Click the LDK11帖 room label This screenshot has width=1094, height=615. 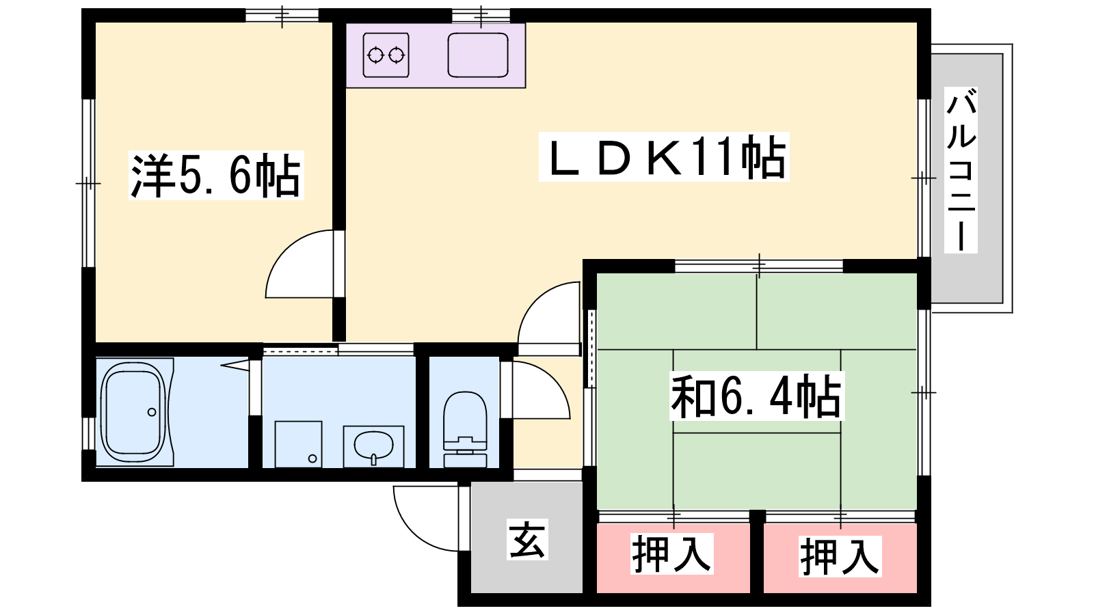(x=664, y=156)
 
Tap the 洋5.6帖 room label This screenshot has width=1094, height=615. (x=216, y=175)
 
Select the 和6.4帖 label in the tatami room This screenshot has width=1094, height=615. (x=756, y=396)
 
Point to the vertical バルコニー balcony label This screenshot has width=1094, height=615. (x=961, y=170)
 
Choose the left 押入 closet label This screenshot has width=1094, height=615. (x=672, y=553)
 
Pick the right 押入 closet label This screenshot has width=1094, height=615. (x=840, y=556)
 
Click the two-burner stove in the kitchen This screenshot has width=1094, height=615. (x=386, y=55)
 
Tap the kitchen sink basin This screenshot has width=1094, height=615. (x=478, y=55)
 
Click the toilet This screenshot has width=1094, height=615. (x=465, y=430)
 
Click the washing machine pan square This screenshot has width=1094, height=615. (x=298, y=444)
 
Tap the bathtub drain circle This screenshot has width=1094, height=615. (x=152, y=413)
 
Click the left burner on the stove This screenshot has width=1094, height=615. (x=375, y=55)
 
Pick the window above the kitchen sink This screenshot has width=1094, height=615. (x=481, y=16)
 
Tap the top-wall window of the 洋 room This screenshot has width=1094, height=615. (x=282, y=16)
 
